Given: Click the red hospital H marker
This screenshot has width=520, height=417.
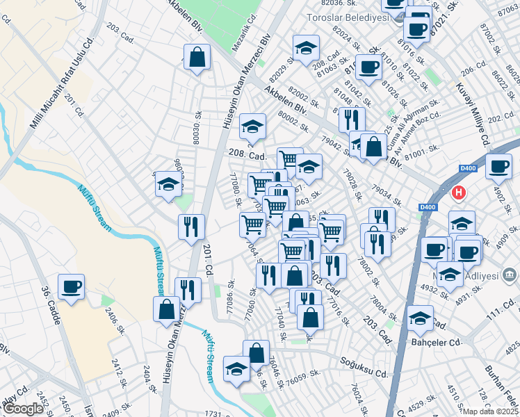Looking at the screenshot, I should point(458,192).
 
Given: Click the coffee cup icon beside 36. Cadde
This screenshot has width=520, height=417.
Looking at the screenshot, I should point(71,286).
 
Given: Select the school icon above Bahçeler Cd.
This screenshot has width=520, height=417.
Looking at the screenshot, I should point(420,318).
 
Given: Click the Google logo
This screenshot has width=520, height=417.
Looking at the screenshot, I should point(23,409).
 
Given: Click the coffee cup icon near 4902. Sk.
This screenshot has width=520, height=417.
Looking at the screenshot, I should point(498,166).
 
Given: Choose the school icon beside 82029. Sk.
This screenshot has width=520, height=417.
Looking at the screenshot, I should point(305,49).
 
